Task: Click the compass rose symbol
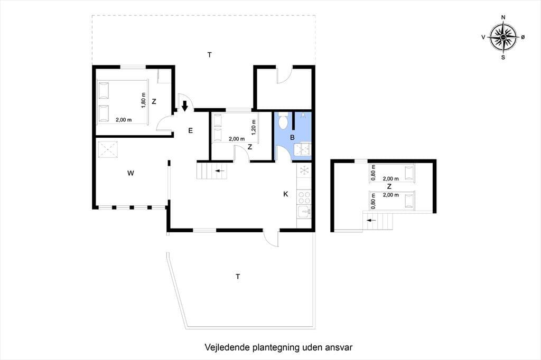click(x=503, y=37)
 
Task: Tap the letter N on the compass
click(x=503, y=17)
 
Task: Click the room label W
click(x=130, y=173)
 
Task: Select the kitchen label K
click(x=286, y=194)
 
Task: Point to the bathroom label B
click(x=292, y=138)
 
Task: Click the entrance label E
click(x=190, y=131)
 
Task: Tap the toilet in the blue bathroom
click(x=283, y=121)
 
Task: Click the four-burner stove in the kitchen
click(x=304, y=197)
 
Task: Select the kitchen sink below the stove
click(x=304, y=211)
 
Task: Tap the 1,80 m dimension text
click(x=144, y=100)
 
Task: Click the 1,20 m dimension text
click(x=254, y=127)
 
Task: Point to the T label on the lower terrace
click(x=238, y=277)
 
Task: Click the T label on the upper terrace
click(x=209, y=55)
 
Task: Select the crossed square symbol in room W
click(x=108, y=149)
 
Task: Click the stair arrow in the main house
click(x=220, y=170)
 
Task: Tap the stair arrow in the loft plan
click(x=371, y=220)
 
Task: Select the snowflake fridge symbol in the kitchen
click(x=304, y=170)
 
